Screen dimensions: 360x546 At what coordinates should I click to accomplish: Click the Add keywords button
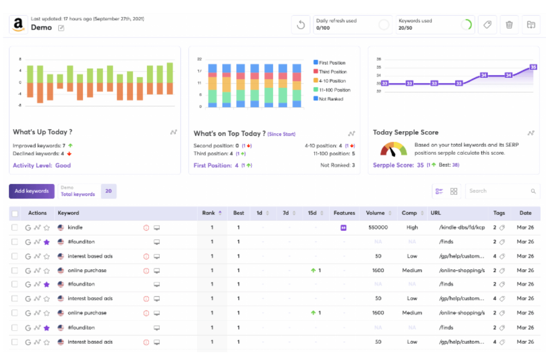coord(31,191)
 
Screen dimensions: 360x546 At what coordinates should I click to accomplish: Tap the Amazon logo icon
coord(19,25)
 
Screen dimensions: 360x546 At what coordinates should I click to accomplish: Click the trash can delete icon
coord(509,25)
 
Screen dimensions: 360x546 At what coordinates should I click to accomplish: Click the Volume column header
coord(375,213)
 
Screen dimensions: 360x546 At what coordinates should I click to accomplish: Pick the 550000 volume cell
coord(378,227)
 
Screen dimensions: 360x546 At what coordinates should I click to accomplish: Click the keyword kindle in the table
coord(75,227)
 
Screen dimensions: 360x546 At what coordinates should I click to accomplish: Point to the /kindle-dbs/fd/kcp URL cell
coord(462,227)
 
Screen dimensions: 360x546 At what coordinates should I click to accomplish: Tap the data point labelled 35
coord(533,67)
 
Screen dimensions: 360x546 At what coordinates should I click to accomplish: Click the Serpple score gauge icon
coord(393,150)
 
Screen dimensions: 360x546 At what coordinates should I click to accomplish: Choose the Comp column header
coord(409,213)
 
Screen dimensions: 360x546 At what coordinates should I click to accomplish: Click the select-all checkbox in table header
coord(15,213)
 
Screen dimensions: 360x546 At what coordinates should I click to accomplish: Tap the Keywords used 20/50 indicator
coord(434,25)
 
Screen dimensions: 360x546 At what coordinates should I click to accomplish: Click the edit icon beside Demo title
coord(61,28)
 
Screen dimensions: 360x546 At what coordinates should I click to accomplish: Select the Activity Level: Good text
coord(42,166)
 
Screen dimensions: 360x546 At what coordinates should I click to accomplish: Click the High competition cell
coord(412,227)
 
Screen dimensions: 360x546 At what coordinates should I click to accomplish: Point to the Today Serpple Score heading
coord(406,133)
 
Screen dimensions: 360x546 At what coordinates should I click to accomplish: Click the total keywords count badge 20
coord(108,191)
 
